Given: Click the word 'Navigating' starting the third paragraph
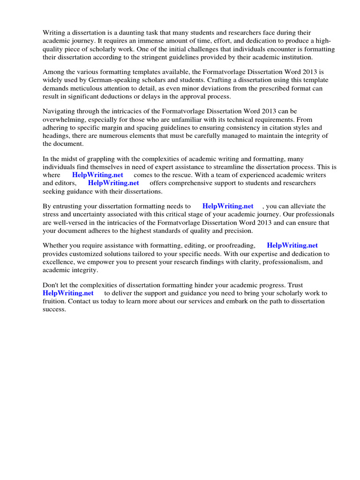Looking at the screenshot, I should [x=59, y=112].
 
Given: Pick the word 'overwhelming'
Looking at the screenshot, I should [x=64, y=120].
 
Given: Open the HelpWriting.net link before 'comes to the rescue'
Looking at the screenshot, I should [x=97, y=175].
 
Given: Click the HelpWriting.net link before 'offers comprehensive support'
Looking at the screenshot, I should [x=113, y=183].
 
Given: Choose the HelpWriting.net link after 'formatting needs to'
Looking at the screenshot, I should [x=228, y=206].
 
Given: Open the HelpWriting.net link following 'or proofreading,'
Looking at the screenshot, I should [x=292, y=245].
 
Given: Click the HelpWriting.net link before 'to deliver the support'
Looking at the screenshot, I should [x=68, y=293].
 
